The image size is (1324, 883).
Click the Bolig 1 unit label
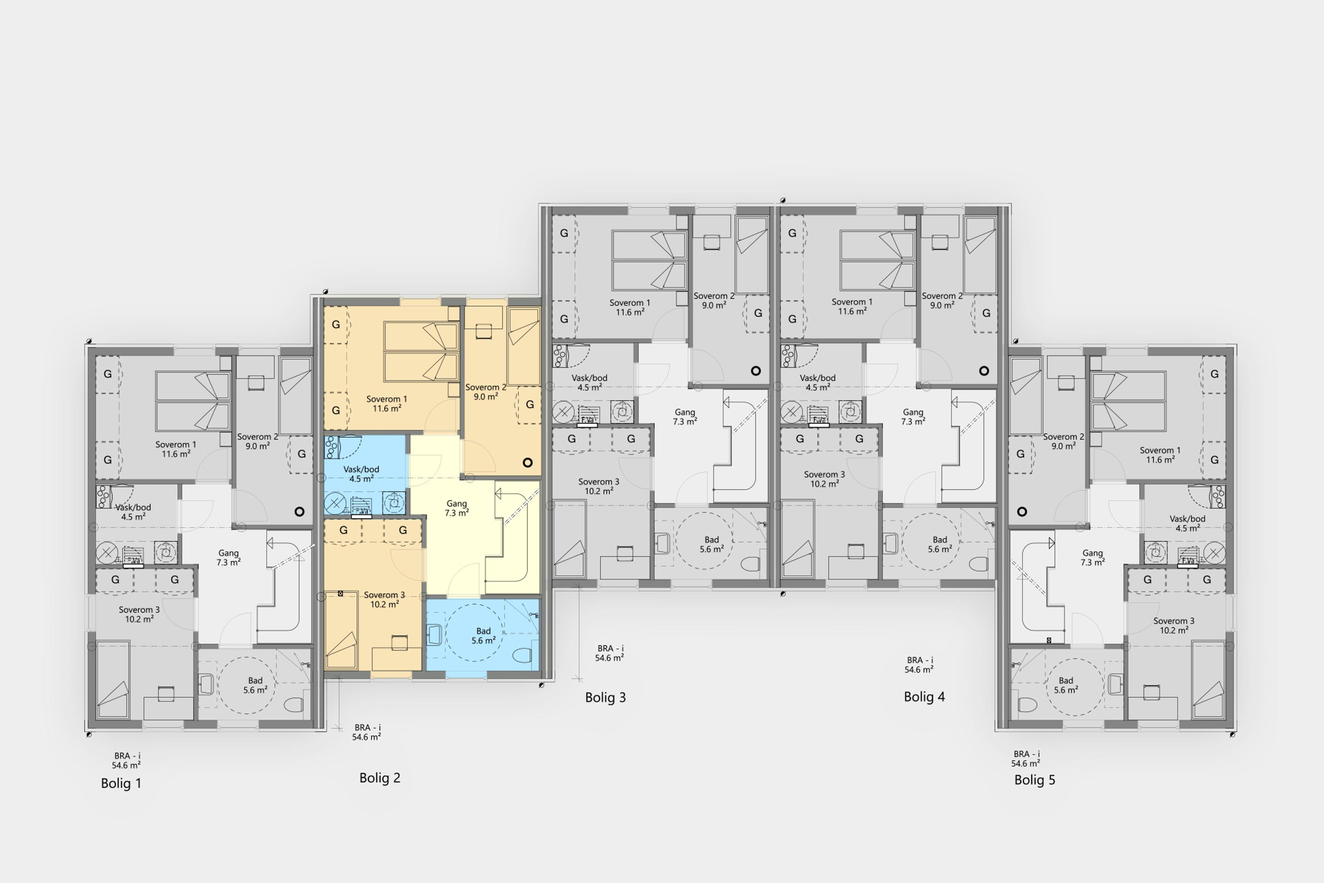(121, 783)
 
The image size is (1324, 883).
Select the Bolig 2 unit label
(380, 778)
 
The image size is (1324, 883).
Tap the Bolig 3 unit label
(606, 697)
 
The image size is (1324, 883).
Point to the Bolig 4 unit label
(924, 697)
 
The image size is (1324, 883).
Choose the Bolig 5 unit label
(1035, 780)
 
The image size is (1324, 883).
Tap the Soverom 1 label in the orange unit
(387, 399)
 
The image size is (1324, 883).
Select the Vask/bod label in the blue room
(361, 469)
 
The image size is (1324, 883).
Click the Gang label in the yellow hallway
(457, 504)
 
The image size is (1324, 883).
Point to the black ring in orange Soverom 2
(528, 462)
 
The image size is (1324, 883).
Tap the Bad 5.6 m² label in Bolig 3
(712, 544)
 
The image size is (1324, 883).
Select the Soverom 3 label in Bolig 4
(824, 474)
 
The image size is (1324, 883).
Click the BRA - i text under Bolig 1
(127, 756)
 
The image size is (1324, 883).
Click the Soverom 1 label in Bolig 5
(1160, 450)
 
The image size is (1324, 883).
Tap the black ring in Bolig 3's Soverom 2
(756, 370)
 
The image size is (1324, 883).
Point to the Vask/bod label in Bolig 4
(818, 378)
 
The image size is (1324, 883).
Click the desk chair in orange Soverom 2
(483, 332)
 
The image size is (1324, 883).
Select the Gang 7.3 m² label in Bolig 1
(229, 557)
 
